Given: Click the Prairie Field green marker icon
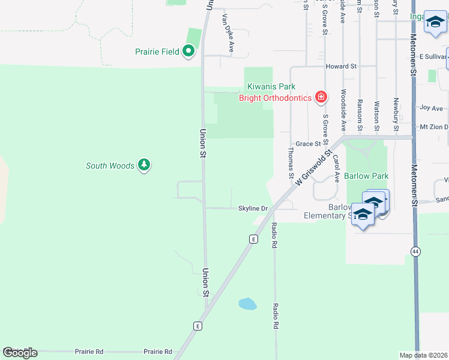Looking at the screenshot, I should [188, 52].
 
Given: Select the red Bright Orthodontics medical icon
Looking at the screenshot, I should [321, 97].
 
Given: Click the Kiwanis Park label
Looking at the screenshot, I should [271, 87].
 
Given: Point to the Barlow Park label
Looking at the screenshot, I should [366, 176].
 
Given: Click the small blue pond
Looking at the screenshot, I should [248, 304].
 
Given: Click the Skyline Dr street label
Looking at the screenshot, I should [253, 208].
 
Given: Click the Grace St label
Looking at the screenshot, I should [308, 144].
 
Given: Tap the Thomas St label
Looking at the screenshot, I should [291, 164].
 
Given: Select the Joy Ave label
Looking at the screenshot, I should [432, 108].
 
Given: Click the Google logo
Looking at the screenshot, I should [19, 353].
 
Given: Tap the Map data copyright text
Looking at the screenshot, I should [424, 355].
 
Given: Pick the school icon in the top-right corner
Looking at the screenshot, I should [435, 23].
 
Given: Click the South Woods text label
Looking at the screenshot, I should [110, 166].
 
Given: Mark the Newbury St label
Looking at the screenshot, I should [396, 114].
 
